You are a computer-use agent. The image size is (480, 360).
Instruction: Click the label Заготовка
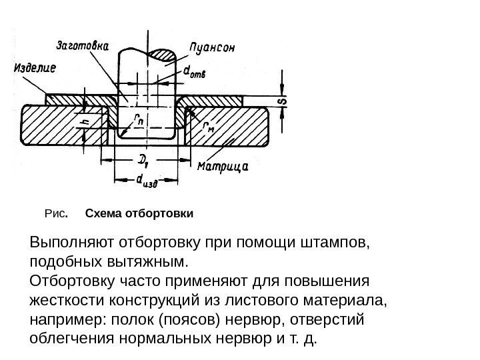coord(83,47)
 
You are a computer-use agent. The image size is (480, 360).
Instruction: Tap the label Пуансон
coord(216,47)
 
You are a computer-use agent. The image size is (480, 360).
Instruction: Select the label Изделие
coord(34,67)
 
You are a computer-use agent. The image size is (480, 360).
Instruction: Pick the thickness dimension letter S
coord(282,101)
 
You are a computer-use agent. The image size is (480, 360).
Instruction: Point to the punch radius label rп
coord(138,120)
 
